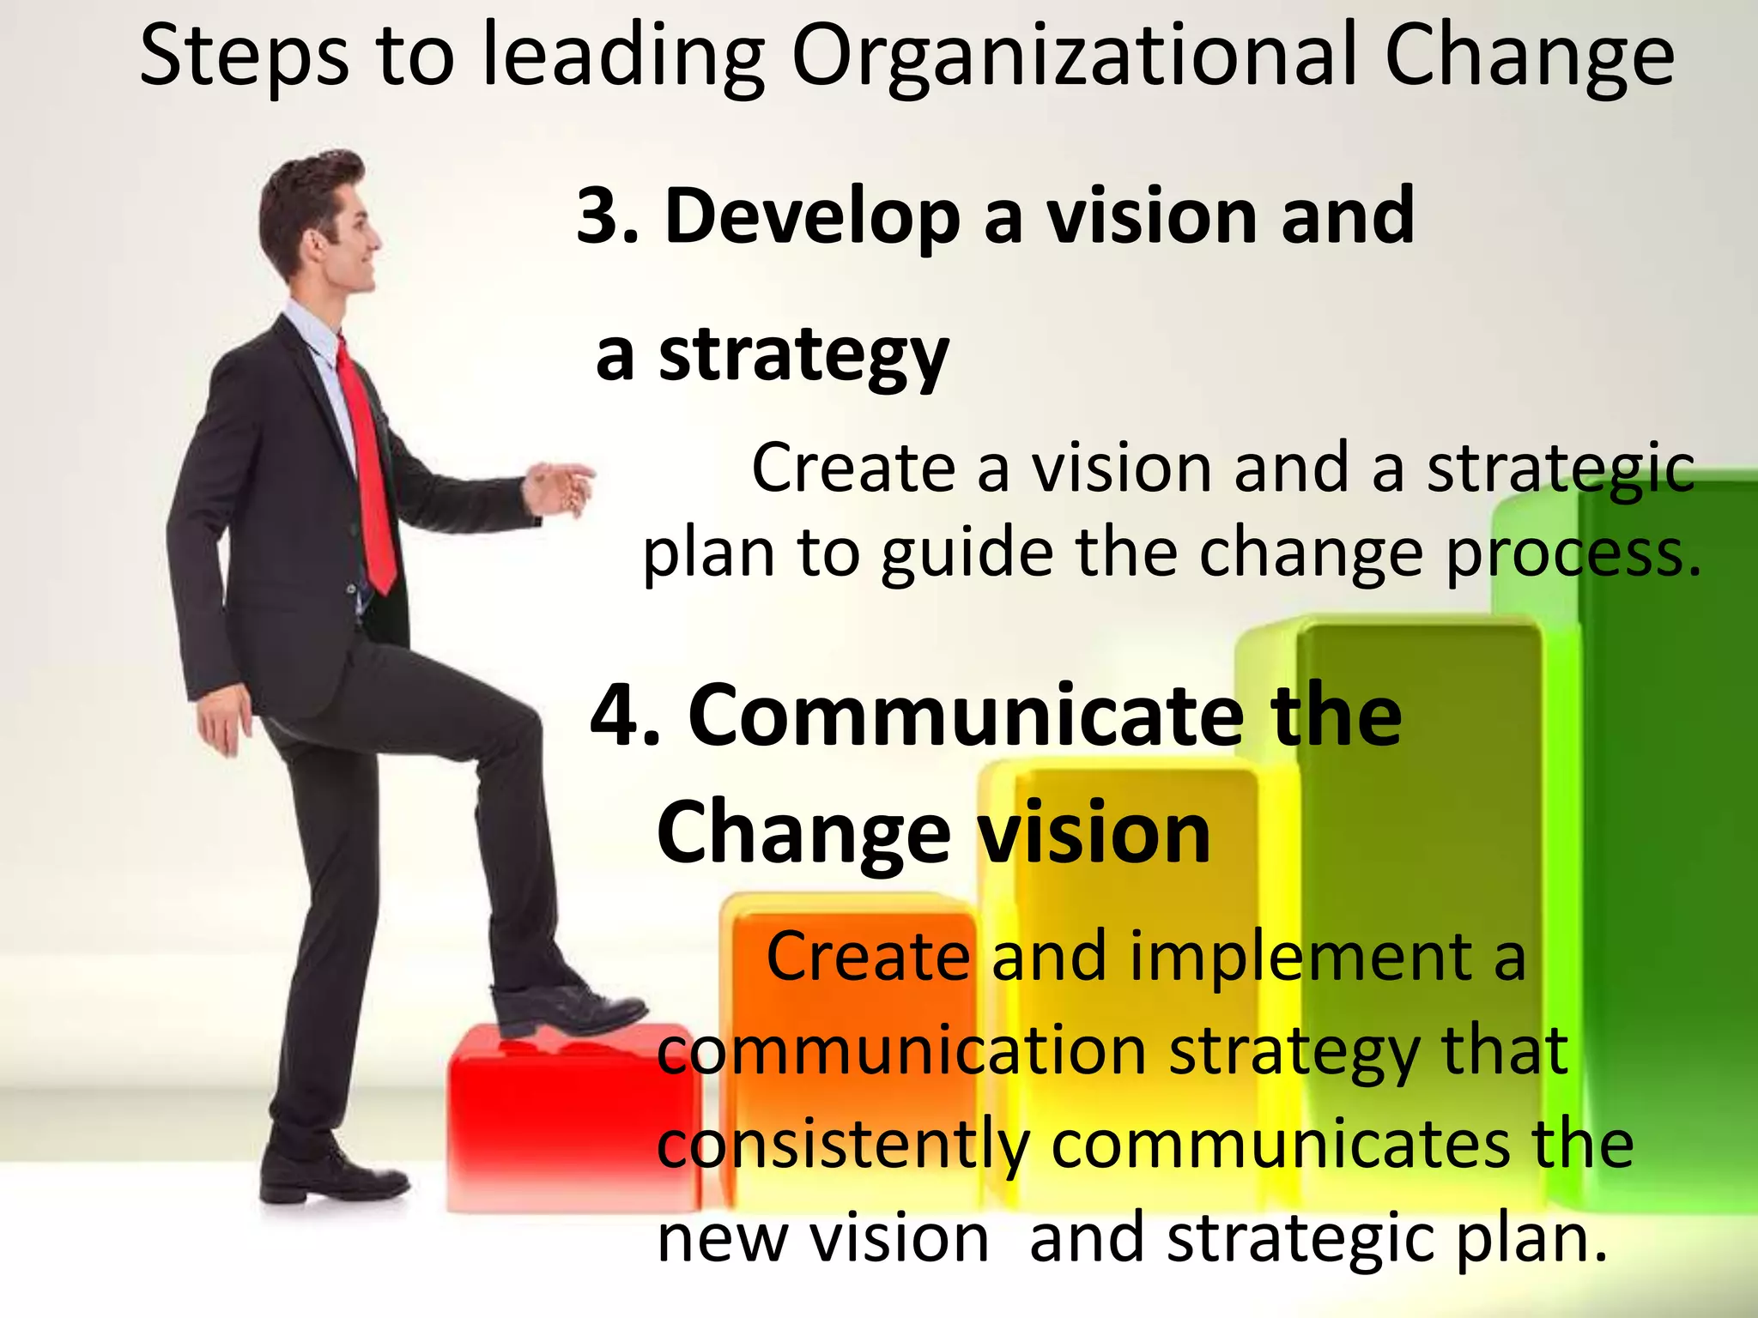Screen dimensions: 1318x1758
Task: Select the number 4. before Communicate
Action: coord(625,715)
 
